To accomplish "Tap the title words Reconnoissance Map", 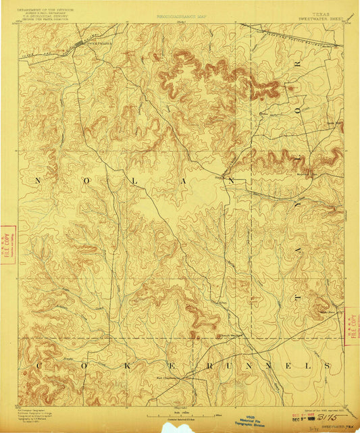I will point(180,15).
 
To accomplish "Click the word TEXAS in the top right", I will point(309,11).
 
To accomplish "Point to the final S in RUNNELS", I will point(328,365).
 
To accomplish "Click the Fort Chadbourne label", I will point(169,378).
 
